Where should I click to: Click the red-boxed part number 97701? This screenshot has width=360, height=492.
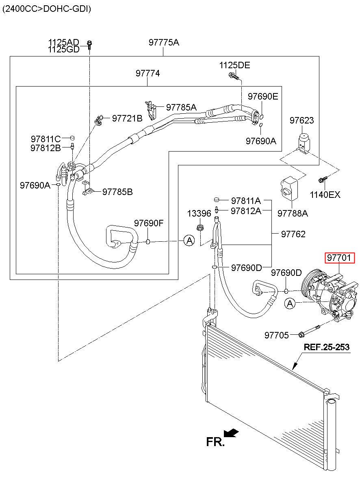(x=339, y=258)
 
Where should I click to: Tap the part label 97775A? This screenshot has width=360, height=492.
(x=164, y=42)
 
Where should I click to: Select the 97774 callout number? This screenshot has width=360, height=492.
(x=147, y=73)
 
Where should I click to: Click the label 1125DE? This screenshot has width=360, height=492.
(x=234, y=65)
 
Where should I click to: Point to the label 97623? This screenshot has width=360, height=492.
(x=301, y=120)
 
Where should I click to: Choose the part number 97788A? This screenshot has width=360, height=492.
(x=293, y=213)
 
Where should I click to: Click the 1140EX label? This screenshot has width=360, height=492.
(x=325, y=195)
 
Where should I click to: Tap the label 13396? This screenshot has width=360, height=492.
(x=199, y=213)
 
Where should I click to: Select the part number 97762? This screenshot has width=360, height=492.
(x=293, y=234)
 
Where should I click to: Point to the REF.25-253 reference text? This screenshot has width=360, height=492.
(x=326, y=347)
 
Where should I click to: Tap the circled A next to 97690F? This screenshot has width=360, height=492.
(x=189, y=241)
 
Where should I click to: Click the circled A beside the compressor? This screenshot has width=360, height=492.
(x=290, y=303)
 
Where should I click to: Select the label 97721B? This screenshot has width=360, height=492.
(x=127, y=118)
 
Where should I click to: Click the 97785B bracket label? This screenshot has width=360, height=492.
(x=117, y=192)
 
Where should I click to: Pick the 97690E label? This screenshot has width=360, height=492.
(x=263, y=96)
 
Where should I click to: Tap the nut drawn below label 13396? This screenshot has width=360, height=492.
(x=200, y=228)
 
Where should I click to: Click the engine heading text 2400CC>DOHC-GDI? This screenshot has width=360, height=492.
(x=47, y=9)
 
